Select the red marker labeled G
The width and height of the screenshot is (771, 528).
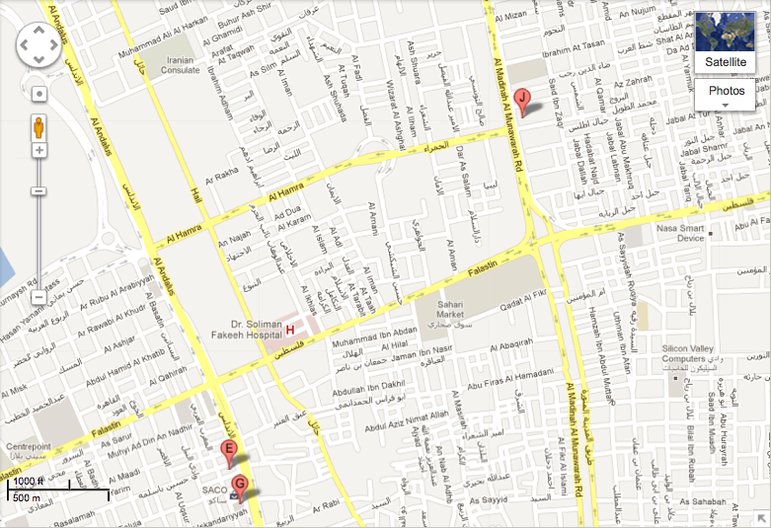(239, 484)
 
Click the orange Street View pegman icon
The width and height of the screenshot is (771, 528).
(39, 128)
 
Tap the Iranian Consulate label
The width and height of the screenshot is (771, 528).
(181, 65)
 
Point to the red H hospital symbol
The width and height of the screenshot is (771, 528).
(290, 326)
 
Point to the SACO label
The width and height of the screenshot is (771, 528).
(215, 490)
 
